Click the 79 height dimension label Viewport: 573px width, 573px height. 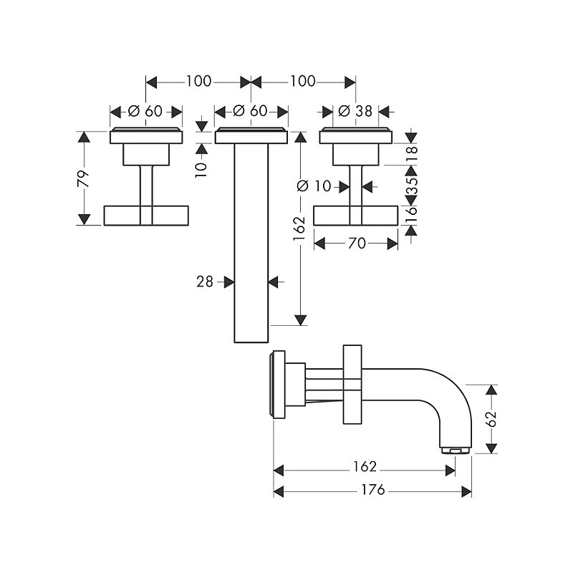(x=83, y=178)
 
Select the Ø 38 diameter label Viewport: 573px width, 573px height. (x=355, y=111)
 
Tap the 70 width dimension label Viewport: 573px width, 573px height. (x=357, y=244)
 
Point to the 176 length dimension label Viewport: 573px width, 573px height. (x=372, y=489)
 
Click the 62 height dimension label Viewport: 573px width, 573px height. (x=492, y=418)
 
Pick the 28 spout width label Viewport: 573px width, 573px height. (x=205, y=281)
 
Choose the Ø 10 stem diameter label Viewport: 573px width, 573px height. (x=314, y=186)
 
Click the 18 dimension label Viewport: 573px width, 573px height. (x=411, y=150)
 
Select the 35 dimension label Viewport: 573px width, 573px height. (x=411, y=186)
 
